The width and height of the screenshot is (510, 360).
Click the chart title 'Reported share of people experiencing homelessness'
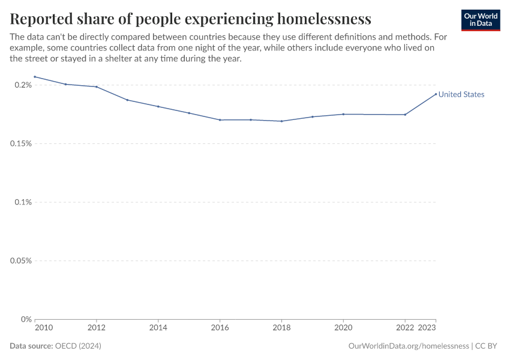pos(190,19)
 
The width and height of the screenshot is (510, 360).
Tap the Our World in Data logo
pos(480,20)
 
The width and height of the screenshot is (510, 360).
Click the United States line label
pos(461,94)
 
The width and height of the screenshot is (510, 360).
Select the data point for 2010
pos(35,77)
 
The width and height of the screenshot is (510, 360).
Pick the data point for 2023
pos(436,94)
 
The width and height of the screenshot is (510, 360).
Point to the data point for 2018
pos(281,121)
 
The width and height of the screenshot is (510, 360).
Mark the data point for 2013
pos(127,100)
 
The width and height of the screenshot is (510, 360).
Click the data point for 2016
pos(220,120)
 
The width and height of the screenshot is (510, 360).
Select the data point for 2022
pos(405,115)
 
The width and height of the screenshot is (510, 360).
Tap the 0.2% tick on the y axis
pos(23,85)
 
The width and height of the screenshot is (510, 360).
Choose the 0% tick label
pos(26,319)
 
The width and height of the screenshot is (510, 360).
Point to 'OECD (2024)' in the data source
pos(78,346)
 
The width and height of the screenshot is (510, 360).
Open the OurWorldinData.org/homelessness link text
pos(408,346)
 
